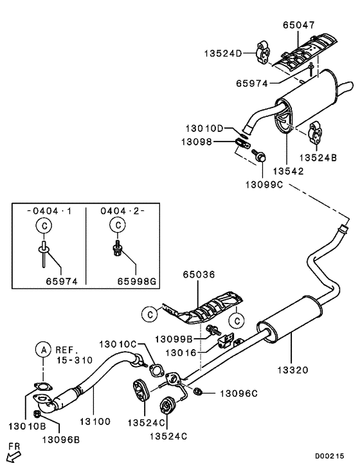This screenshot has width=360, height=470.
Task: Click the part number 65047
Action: pos(298,26)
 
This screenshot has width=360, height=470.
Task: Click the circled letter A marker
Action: pos(43,350)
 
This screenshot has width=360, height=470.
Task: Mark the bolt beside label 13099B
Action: pos(210,330)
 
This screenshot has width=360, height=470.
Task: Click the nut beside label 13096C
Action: pos(197,390)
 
